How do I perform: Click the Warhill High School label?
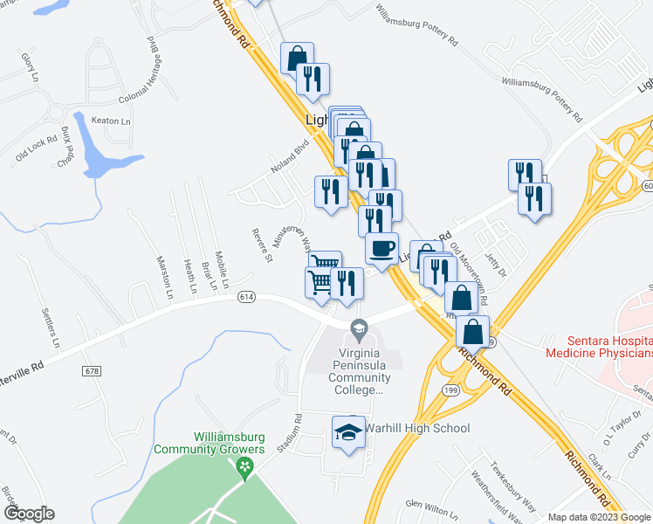416,428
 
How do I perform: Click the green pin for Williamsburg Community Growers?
244,468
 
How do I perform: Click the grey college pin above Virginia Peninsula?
358,330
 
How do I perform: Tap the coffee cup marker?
381,249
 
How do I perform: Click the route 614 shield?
245,298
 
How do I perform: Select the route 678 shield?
92,371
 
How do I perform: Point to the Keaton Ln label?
113,121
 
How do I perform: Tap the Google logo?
30,514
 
